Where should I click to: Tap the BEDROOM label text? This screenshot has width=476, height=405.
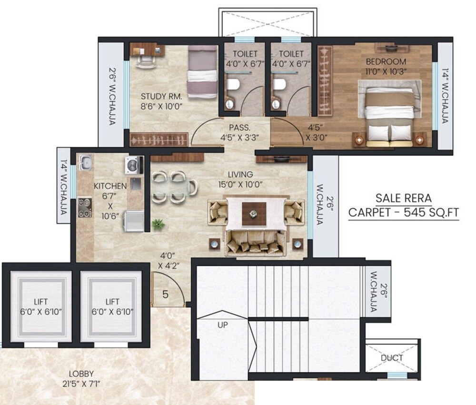(x=386, y=61)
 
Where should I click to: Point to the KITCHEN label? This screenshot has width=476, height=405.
(x=110, y=186)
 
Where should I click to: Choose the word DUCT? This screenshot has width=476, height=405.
(x=392, y=358)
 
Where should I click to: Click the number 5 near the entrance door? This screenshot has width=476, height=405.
(x=165, y=294)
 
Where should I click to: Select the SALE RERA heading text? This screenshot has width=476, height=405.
(x=403, y=198)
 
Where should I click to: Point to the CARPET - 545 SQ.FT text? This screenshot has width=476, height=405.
(x=404, y=213)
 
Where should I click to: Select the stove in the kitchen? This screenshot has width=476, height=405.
(x=85, y=207)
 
